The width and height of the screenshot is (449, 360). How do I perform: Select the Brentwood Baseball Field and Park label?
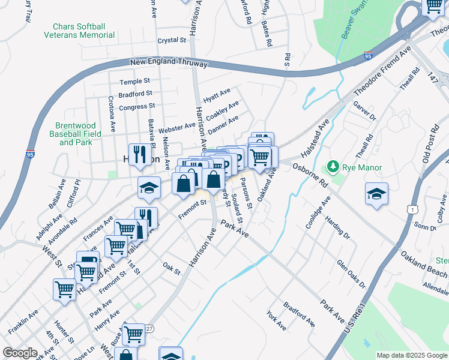click(x=75, y=134)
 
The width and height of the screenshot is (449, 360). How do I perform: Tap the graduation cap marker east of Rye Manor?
click(x=376, y=194)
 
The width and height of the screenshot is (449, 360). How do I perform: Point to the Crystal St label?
click(x=172, y=40)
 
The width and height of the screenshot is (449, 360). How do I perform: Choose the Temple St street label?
click(x=134, y=81)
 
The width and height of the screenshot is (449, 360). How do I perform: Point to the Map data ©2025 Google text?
click(x=412, y=355)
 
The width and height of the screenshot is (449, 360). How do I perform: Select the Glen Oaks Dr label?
click(x=351, y=274)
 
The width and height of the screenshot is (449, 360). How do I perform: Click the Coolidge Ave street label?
click(x=318, y=214)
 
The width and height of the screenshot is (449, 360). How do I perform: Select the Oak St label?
click(x=172, y=268)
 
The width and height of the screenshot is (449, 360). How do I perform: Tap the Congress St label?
click(x=137, y=107)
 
